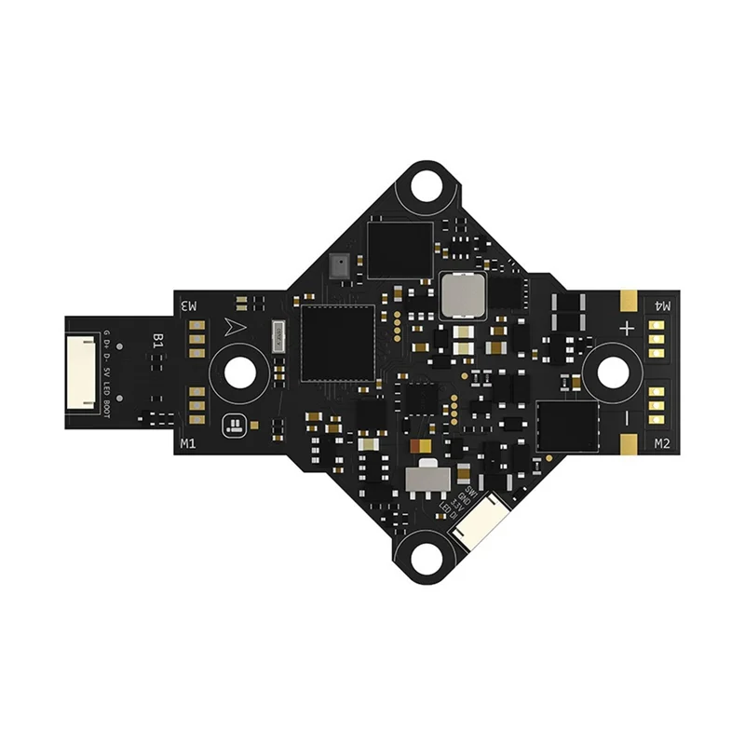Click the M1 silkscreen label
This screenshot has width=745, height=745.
187,443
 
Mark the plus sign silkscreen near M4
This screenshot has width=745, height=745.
628,328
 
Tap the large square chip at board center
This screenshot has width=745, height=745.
335,342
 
